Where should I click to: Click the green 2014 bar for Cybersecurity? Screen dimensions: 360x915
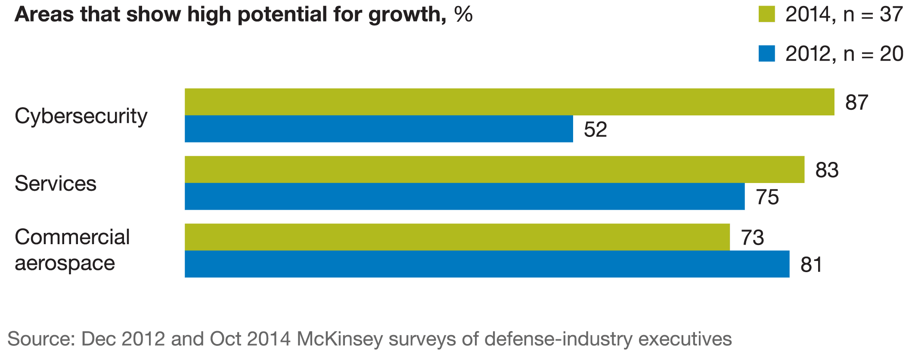tap(509, 102)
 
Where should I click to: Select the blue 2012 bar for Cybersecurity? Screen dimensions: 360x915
tap(379, 129)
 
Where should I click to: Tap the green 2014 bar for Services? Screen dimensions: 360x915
tap(494, 170)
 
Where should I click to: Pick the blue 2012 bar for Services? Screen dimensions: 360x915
tap(465, 196)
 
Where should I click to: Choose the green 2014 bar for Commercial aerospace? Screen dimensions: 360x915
tap(457, 237)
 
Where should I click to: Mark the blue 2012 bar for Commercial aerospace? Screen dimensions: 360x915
tap(487, 264)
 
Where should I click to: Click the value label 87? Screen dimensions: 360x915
tap(856, 103)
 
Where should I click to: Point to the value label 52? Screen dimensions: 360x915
tap(595, 130)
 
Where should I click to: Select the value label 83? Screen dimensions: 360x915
tap(827, 171)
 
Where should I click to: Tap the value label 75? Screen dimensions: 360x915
tap(767, 197)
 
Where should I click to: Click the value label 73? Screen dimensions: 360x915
tap(752, 238)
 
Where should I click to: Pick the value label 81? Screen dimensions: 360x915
tap(811, 265)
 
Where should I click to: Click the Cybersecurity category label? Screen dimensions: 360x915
tap(81, 116)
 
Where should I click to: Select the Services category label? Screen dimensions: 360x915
tap(56, 183)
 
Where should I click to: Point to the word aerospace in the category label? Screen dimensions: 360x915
tap(65, 263)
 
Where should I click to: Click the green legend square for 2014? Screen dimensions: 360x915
tap(766, 14)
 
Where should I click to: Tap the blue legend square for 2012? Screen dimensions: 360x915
tap(766, 53)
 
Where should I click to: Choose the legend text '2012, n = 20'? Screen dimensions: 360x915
tap(844, 54)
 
